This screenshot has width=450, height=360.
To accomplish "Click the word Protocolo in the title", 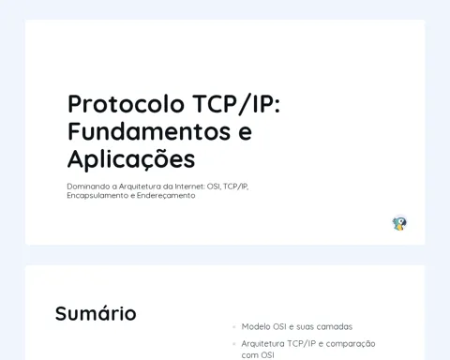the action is tap(126, 104).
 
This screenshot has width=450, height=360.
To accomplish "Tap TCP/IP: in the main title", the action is tap(236, 104).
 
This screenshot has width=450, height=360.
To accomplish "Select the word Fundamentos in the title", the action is tap(149, 131).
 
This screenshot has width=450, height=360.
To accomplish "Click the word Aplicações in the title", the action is tap(131, 159).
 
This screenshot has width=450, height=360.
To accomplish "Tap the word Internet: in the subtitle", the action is tap(190, 187).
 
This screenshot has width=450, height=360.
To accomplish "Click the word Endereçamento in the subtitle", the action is tap(166, 196).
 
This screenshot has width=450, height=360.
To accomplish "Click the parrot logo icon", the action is tap(399, 223).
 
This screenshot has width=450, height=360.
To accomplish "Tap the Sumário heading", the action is tap(96, 313).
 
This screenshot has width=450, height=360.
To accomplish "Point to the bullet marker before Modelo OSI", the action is tap(234, 327).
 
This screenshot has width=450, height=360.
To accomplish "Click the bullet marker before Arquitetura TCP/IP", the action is tap(234, 344).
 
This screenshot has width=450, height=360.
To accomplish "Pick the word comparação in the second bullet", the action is tap(351, 344).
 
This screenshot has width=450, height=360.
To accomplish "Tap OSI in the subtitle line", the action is tap(214, 187).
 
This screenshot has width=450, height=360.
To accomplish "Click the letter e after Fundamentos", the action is tap(245, 133).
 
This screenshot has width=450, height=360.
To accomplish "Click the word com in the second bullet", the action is tap(249, 355).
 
